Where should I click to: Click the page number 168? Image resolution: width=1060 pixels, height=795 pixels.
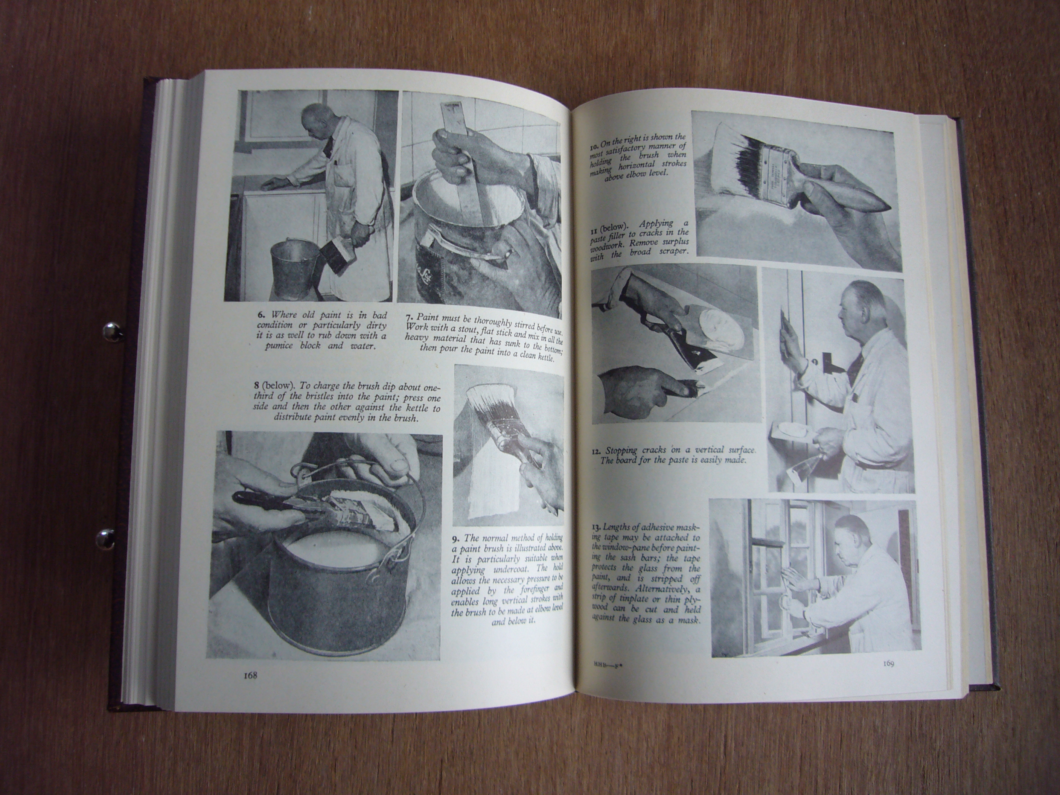click(x=251, y=676)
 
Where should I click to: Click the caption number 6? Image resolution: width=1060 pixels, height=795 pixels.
click(x=262, y=315)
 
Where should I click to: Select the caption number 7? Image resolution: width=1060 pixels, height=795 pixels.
click(x=410, y=318)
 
